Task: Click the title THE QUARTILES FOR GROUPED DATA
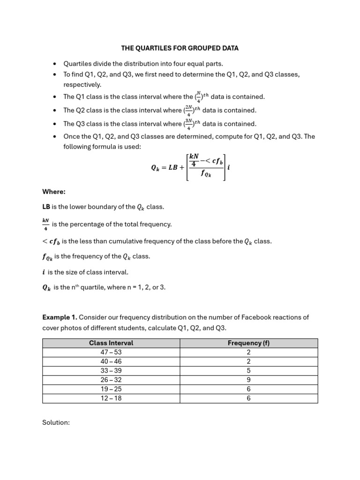point(180,48)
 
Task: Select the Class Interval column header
point(111,343)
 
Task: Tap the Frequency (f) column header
point(248,343)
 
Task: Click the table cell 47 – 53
point(111,352)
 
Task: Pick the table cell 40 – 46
point(111,361)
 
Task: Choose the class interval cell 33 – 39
point(111,371)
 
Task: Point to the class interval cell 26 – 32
point(111,380)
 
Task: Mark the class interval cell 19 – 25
point(111,389)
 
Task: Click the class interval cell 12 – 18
point(111,398)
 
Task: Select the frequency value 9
point(248,380)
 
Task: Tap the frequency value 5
point(248,371)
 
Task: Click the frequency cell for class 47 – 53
point(248,352)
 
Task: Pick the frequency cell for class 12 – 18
point(248,398)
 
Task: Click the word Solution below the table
point(56,422)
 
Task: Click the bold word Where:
point(54,191)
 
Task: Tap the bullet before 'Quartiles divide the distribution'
point(55,64)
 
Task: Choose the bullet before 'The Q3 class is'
point(55,124)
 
